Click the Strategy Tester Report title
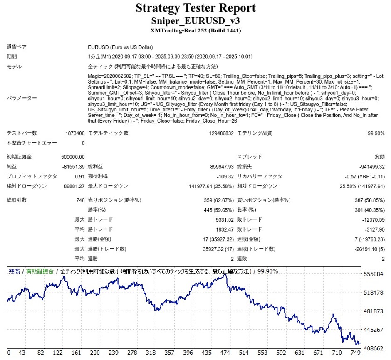click(x=195, y=8)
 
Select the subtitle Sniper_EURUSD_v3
click(x=195, y=21)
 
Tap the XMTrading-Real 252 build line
click(x=195, y=30)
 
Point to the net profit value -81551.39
click(x=73, y=166)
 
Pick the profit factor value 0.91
click(x=79, y=176)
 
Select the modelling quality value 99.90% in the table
click(x=376, y=133)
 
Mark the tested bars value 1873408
click(x=74, y=133)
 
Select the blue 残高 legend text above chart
click(x=15, y=271)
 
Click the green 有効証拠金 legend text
click(x=40, y=271)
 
